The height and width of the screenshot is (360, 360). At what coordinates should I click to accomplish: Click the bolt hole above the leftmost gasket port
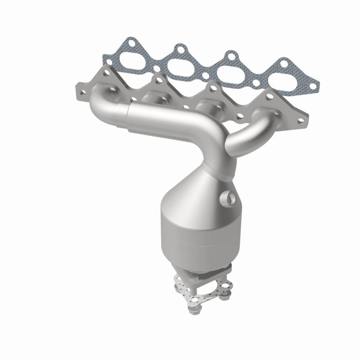pos(131,44)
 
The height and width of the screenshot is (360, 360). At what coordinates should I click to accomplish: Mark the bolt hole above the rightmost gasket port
pos(283,63)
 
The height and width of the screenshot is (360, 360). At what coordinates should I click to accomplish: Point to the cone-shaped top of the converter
pos(193,189)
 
